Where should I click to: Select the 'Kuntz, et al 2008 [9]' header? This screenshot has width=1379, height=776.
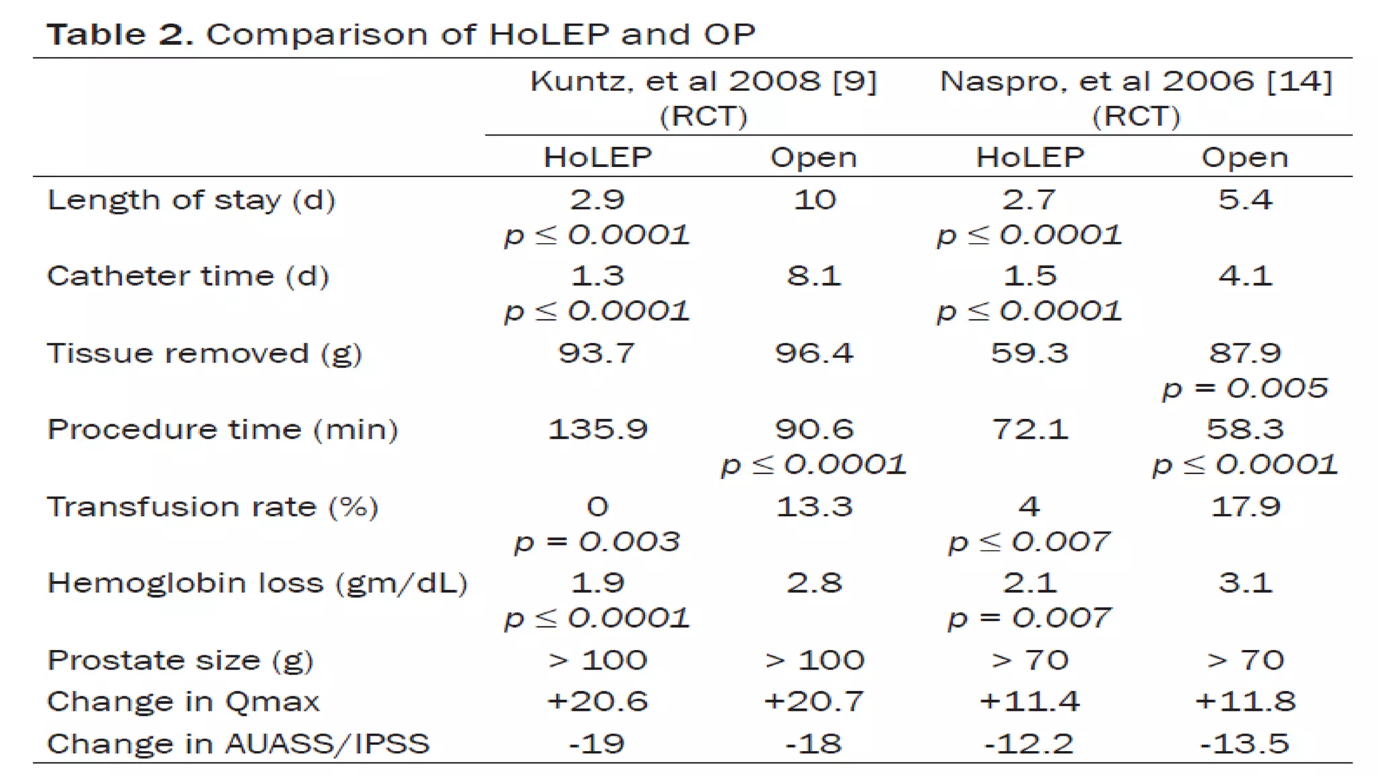pyautogui.click(x=703, y=82)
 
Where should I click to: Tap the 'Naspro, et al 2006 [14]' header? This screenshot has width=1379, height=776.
pyautogui.click(x=1136, y=82)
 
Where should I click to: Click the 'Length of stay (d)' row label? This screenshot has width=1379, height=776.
pyautogui.click(x=191, y=200)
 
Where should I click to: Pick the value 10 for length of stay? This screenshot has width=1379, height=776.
pyautogui.click(x=814, y=199)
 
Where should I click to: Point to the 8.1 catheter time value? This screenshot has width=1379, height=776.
pyautogui.click(x=814, y=276)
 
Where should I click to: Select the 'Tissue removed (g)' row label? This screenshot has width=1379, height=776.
pyautogui.click(x=205, y=354)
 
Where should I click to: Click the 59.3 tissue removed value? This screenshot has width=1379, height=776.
pyautogui.click(x=1029, y=353)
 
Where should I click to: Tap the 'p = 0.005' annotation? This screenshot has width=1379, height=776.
pyautogui.click(x=1244, y=388)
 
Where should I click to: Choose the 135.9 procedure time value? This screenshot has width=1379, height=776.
pyautogui.click(x=597, y=429)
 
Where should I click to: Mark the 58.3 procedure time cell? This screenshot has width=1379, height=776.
pyautogui.click(x=1244, y=429)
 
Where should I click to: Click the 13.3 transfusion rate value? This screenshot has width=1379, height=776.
pyautogui.click(x=814, y=507)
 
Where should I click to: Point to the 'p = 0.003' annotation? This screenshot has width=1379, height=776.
pyautogui.click(x=597, y=542)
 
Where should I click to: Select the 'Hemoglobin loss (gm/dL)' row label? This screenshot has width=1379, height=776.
pyautogui.click(x=257, y=583)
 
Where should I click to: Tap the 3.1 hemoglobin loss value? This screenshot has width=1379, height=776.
pyautogui.click(x=1244, y=583)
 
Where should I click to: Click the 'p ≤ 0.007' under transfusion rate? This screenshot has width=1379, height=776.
pyautogui.click(x=1029, y=542)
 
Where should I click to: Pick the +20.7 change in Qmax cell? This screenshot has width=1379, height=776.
pyautogui.click(x=814, y=701)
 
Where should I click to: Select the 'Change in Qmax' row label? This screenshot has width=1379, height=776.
pyautogui.click(x=183, y=702)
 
